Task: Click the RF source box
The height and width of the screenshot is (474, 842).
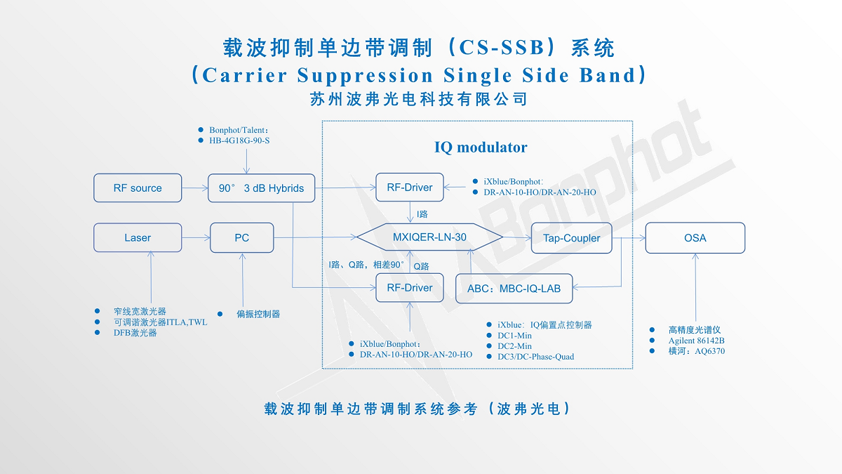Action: [x=138, y=188]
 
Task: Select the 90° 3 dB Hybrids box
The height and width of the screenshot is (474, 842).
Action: [x=261, y=188]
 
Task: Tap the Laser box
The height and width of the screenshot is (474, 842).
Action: [x=138, y=238]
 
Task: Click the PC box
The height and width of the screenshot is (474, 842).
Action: [x=241, y=238]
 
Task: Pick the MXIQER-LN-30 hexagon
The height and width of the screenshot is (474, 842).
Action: [x=429, y=237]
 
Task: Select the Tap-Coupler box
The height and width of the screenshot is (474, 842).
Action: [x=571, y=238]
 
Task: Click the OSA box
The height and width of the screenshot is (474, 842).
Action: [x=695, y=238]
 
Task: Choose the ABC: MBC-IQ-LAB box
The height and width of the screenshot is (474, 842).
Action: [x=514, y=288]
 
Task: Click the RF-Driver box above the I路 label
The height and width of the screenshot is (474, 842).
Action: [x=410, y=187]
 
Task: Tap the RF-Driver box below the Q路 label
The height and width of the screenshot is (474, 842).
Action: [x=410, y=288]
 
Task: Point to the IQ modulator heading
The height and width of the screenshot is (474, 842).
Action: [x=481, y=147]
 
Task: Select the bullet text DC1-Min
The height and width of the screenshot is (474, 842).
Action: [x=514, y=336]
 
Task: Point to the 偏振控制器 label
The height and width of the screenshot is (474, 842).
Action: [x=258, y=314]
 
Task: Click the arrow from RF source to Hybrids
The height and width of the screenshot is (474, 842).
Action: [x=195, y=188]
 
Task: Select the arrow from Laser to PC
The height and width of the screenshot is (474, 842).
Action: [x=196, y=238]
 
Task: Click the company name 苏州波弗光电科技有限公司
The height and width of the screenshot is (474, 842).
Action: [x=418, y=99]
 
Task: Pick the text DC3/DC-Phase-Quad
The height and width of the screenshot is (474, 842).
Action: [x=535, y=357]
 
